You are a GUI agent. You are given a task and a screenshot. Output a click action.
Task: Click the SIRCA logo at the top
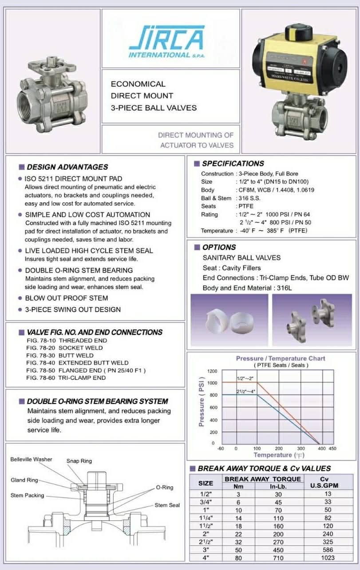tap(166, 41)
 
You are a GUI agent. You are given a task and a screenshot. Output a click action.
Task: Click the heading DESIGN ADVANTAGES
tap(67, 167)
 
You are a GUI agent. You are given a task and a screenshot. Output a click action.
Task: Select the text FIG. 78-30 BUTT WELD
tap(60, 355)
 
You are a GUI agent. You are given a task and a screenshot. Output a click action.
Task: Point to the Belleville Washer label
tap(31, 460)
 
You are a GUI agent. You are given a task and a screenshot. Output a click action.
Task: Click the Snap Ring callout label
tap(79, 461)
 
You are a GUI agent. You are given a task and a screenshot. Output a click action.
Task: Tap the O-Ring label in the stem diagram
tap(164, 487)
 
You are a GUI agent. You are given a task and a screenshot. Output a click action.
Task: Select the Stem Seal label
tap(167, 505)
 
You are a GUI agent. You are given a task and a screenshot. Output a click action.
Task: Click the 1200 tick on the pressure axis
tap(212, 371)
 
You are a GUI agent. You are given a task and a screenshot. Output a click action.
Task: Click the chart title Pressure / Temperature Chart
tap(280, 358)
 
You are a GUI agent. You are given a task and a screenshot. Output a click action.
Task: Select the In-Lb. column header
tap(279, 486)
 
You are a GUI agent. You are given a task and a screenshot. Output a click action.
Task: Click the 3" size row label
tap(206, 550)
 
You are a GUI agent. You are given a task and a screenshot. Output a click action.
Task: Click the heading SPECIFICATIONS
tap(233, 164)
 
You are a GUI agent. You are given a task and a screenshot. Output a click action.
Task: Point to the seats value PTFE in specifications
tap(245, 206)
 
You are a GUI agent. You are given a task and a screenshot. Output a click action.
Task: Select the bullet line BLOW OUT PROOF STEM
tap(66, 298)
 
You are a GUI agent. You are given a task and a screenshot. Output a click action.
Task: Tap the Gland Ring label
tap(24, 480)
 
